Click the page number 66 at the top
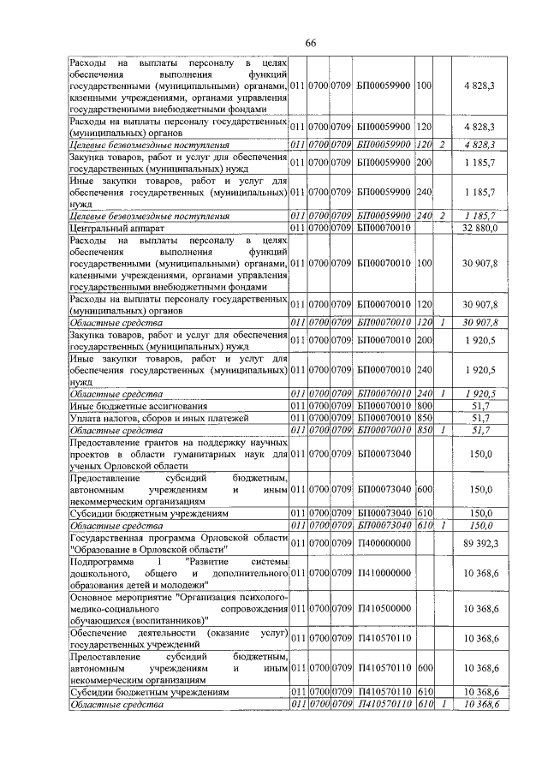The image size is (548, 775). [310, 44]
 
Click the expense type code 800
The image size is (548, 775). [424, 405]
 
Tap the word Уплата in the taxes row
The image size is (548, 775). [87, 417]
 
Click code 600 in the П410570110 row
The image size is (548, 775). [424, 667]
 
